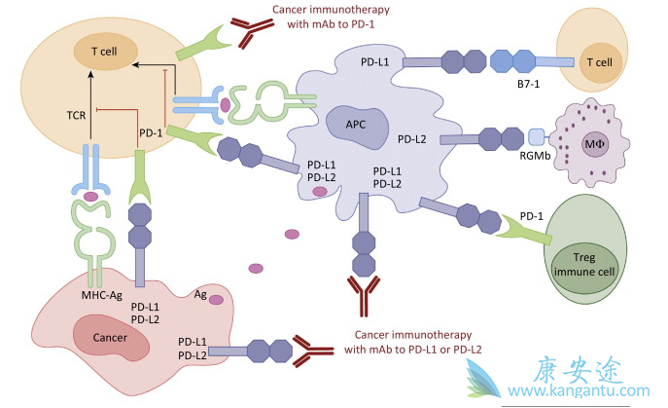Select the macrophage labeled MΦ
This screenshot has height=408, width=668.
point(595,144)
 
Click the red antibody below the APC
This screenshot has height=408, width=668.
point(363,296)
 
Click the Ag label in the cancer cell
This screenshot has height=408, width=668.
point(200,293)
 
